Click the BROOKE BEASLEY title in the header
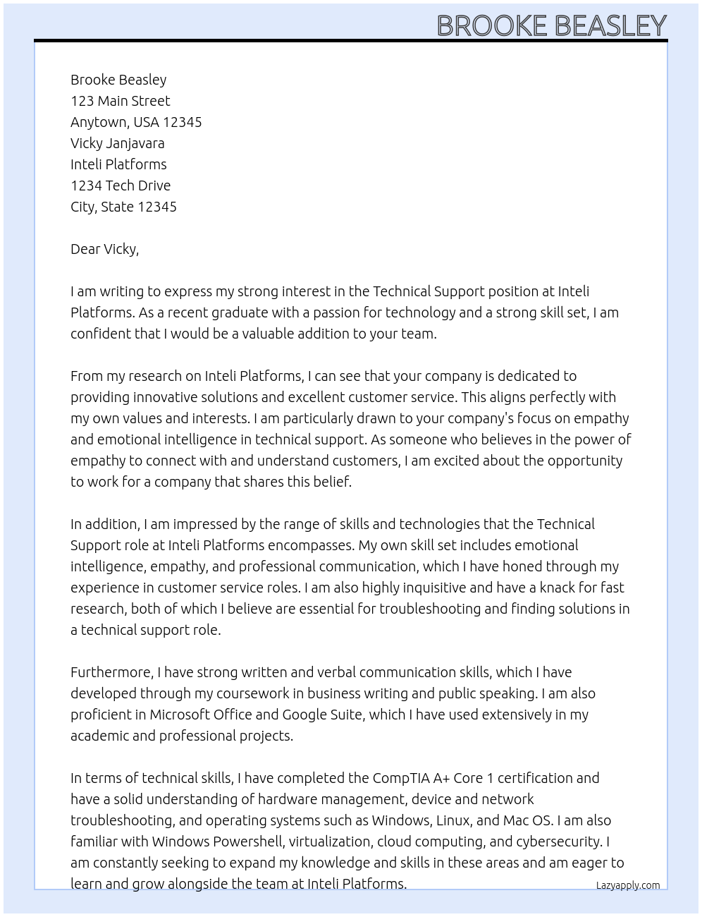point(551,25)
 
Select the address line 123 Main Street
point(121,101)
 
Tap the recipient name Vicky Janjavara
point(118,143)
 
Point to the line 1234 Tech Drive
point(121,186)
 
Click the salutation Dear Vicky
point(104,249)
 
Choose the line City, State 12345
point(123,207)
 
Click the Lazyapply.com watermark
point(628,885)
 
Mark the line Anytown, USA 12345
point(136,122)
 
